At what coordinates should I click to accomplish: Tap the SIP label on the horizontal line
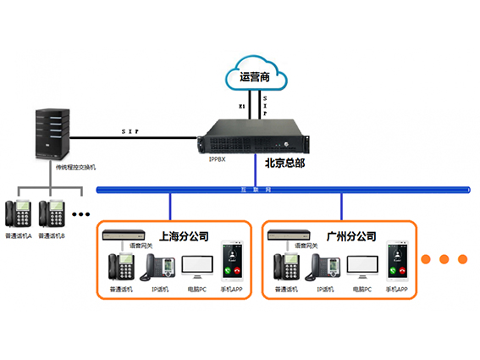[x=132, y=131]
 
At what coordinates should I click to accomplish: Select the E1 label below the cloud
[x=241, y=108]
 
